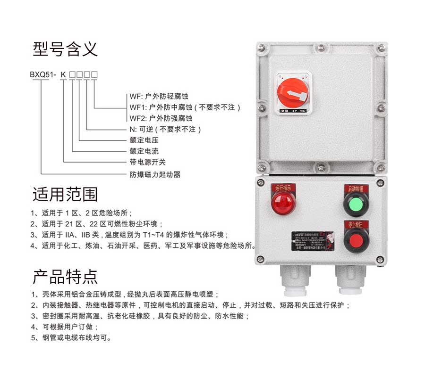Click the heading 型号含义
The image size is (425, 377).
65,49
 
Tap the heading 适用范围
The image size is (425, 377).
65,194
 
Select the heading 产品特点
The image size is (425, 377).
65,277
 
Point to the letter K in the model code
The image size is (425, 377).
63,74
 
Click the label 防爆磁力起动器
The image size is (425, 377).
155,175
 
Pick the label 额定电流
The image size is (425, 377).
144,151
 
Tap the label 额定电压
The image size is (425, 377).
144,140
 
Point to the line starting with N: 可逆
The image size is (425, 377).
165,129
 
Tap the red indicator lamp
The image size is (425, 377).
283,204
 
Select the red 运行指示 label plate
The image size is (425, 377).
283,188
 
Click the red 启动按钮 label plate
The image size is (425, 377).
356,188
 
